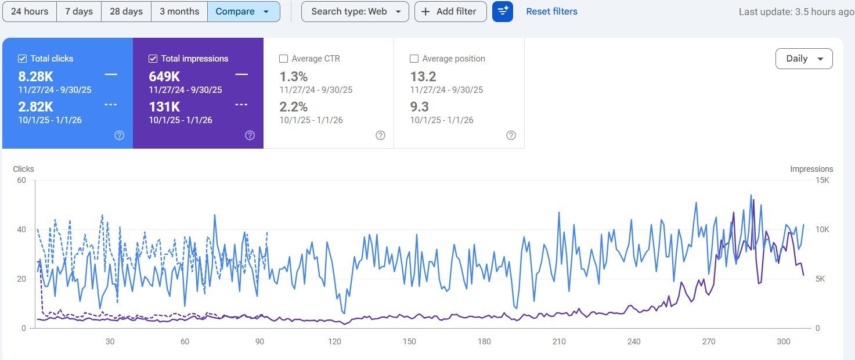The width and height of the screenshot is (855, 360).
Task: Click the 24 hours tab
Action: [x=30, y=12]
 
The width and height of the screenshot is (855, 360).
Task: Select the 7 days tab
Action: [x=79, y=12]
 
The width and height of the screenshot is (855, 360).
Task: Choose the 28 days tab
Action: [x=126, y=12]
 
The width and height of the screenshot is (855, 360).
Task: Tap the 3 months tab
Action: [x=179, y=12]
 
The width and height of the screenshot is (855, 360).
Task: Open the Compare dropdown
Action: [x=243, y=12]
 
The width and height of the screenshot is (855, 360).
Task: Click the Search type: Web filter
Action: [x=355, y=12]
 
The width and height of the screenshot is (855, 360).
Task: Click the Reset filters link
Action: [x=551, y=12]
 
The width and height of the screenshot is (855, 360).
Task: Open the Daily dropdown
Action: [x=804, y=59]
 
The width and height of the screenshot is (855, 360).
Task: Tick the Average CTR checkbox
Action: [x=283, y=59]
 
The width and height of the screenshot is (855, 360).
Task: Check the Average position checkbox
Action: [x=414, y=59]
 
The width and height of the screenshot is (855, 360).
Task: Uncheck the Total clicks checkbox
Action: [x=23, y=59]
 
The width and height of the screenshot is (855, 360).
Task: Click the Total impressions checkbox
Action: [x=153, y=59]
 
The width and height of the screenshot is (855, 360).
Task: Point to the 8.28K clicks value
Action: [x=36, y=77]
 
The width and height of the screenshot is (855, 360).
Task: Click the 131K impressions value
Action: [x=164, y=107]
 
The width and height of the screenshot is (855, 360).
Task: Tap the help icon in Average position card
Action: [x=511, y=135]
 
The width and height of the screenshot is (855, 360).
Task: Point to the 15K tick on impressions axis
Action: [x=822, y=180]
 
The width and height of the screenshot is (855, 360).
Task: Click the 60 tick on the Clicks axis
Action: [x=21, y=180]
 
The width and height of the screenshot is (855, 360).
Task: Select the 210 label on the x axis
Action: [x=559, y=341]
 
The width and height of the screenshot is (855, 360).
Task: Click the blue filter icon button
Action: [x=503, y=12]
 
